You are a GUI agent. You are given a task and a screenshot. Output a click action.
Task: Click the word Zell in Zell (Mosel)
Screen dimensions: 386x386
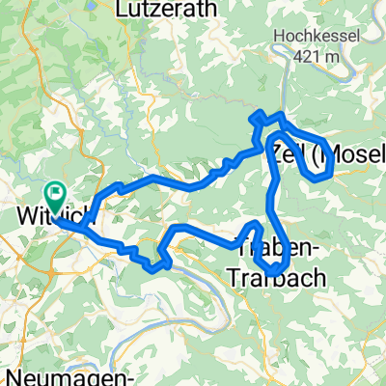click(290, 152)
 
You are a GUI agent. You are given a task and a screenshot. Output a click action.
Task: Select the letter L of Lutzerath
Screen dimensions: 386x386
click(119, 12)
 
